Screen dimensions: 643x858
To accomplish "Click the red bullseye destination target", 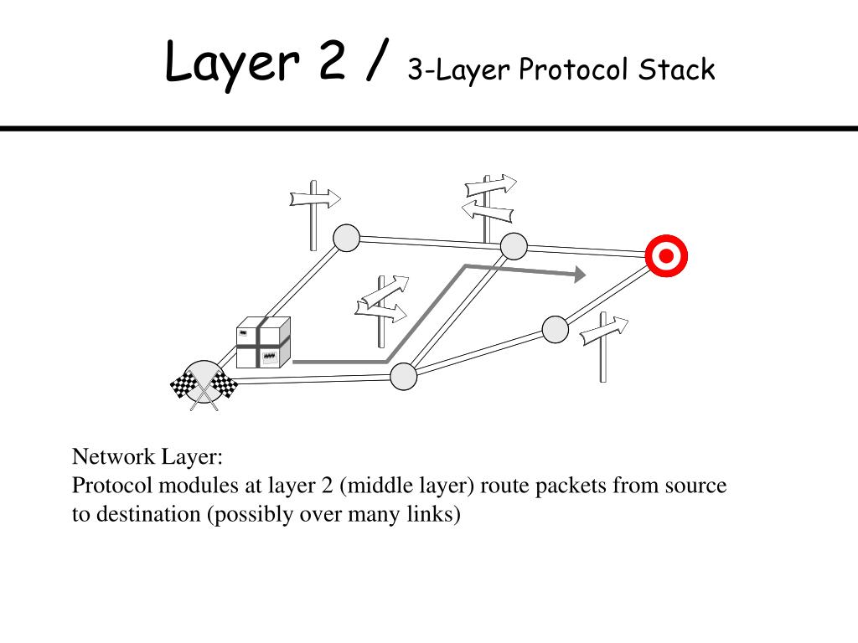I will [x=666, y=256].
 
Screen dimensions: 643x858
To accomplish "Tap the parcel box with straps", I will [x=263, y=343].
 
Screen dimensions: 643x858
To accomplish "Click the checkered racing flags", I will [x=204, y=387].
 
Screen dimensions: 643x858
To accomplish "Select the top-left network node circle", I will [x=346, y=239].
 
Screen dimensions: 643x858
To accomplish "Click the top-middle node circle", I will [x=514, y=246].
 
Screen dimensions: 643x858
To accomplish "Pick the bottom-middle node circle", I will [x=404, y=377].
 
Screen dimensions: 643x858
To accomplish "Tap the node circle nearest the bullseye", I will [x=555, y=329].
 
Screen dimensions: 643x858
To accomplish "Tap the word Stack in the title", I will [x=676, y=69].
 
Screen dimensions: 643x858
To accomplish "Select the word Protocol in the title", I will [x=572, y=69].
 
